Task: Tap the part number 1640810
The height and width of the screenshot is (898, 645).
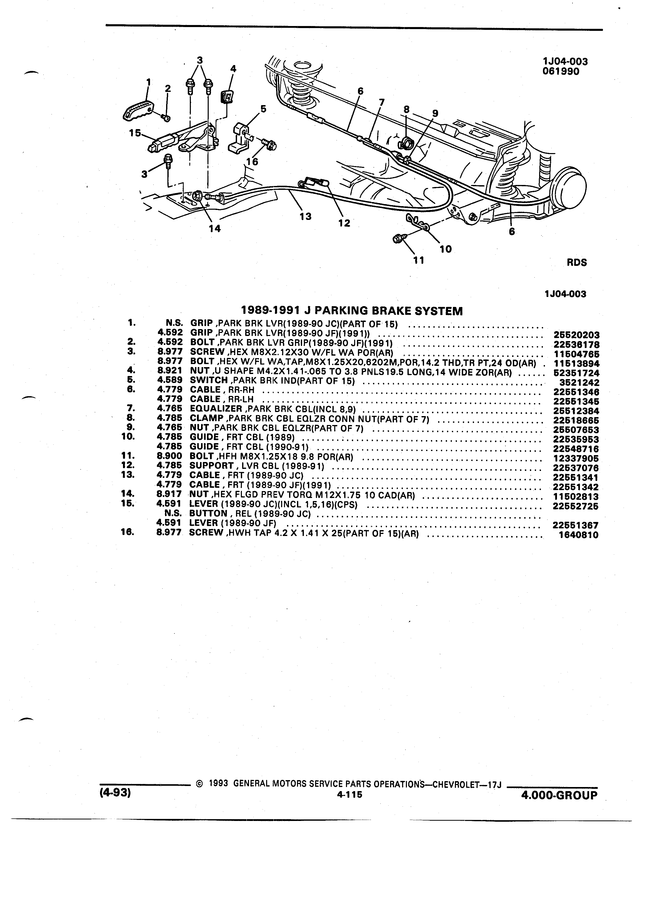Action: (x=579, y=535)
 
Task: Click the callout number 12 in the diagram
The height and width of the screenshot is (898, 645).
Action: (x=344, y=223)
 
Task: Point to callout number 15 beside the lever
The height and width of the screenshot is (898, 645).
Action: (x=135, y=133)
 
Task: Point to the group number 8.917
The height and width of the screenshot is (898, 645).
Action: (x=169, y=494)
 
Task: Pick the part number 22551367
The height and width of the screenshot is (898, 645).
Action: (x=575, y=526)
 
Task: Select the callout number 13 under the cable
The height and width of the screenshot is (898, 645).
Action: (x=305, y=216)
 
